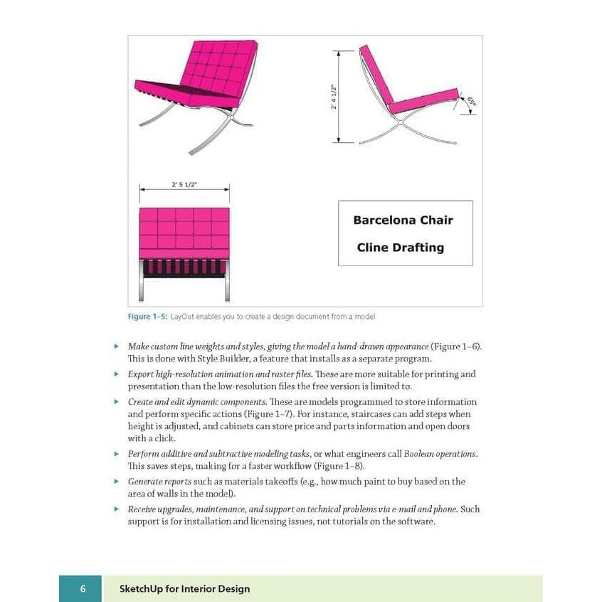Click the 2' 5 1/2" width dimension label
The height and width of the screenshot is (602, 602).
coord(184,185)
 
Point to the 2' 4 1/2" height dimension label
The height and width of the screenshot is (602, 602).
coord(334,96)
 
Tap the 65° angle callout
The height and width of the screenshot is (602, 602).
coord(471,103)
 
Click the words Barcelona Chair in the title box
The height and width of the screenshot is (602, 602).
coord(403,220)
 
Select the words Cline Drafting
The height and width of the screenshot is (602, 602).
coord(400,248)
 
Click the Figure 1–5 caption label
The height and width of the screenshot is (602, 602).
coord(148,317)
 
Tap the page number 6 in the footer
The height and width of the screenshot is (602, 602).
coord(83,589)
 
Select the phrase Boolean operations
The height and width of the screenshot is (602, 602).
coord(440,454)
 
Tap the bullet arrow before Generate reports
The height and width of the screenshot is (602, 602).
coord(117,482)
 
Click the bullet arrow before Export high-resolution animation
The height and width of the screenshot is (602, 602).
coord(117,374)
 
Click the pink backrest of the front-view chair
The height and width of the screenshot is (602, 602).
coord(184,232)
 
